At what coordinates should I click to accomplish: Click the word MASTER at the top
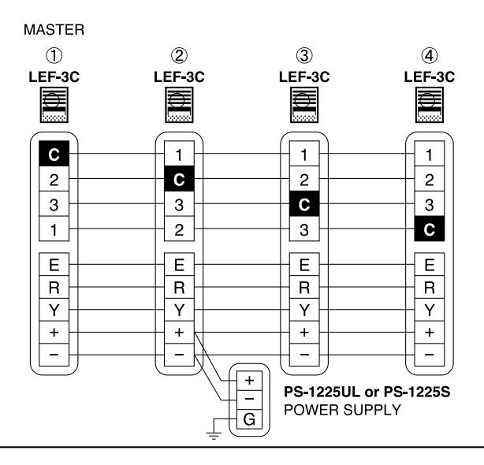coord(54,30)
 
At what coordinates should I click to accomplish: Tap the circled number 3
coord(304,56)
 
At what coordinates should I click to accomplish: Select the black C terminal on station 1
coord(54,154)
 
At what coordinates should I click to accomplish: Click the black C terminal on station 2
coord(180,179)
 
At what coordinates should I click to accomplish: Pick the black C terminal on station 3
coord(304,203)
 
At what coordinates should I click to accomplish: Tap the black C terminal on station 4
coord(430,229)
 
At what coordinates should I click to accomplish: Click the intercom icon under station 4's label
coord(430,105)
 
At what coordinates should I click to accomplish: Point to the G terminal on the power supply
coord(249,419)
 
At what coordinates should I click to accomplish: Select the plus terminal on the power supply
coord(249,381)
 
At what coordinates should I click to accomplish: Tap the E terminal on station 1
coord(54,265)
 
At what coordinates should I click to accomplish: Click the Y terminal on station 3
coord(304,310)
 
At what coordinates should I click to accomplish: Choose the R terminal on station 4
coord(430,287)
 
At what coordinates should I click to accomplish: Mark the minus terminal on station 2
coord(180,355)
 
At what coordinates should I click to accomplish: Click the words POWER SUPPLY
coord(342,410)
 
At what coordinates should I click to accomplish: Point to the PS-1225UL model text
coord(322,392)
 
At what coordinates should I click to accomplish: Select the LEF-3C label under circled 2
coord(180,76)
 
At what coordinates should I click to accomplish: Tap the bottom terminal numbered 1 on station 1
coord(54,229)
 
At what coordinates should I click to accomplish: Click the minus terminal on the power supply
coord(249,400)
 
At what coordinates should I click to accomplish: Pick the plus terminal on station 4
coord(430,333)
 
